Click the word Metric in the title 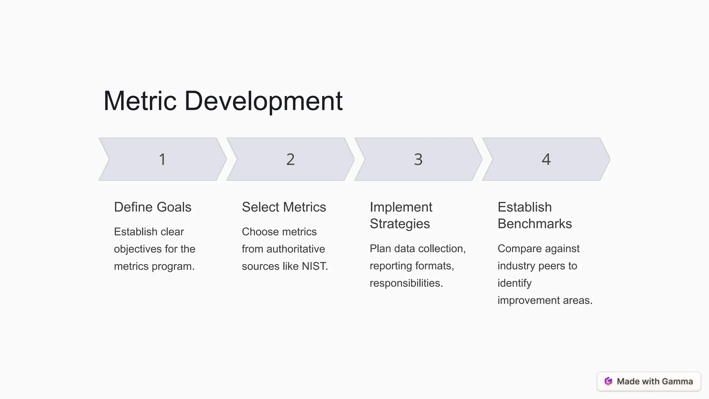pyautogui.click(x=140, y=101)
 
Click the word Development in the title pyautogui.click(x=263, y=101)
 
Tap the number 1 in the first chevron pyautogui.click(x=162, y=159)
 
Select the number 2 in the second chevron pyautogui.click(x=290, y=159)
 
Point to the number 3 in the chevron pyautogui.click(x=418, y=159)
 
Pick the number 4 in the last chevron pyautogui.click(x=546, y=159)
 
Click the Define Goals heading pyautogui.click(x=153, y=207)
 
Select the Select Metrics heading pyautogui.click(x=284, y=207)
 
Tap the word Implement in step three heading pyautogui.click(x=401, y=207)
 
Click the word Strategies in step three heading pyautogui.click(x=400, y=224)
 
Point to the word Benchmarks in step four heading pyautogui.click(x=535, y=224)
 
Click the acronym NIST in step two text pyautogui.click(x=314, y=266)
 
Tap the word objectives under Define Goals pyautogui.click(x=136, y=249)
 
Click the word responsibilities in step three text pyautogui.click(x=406, y=283)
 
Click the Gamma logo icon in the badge pyautogui.click(x=608, y=381)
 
